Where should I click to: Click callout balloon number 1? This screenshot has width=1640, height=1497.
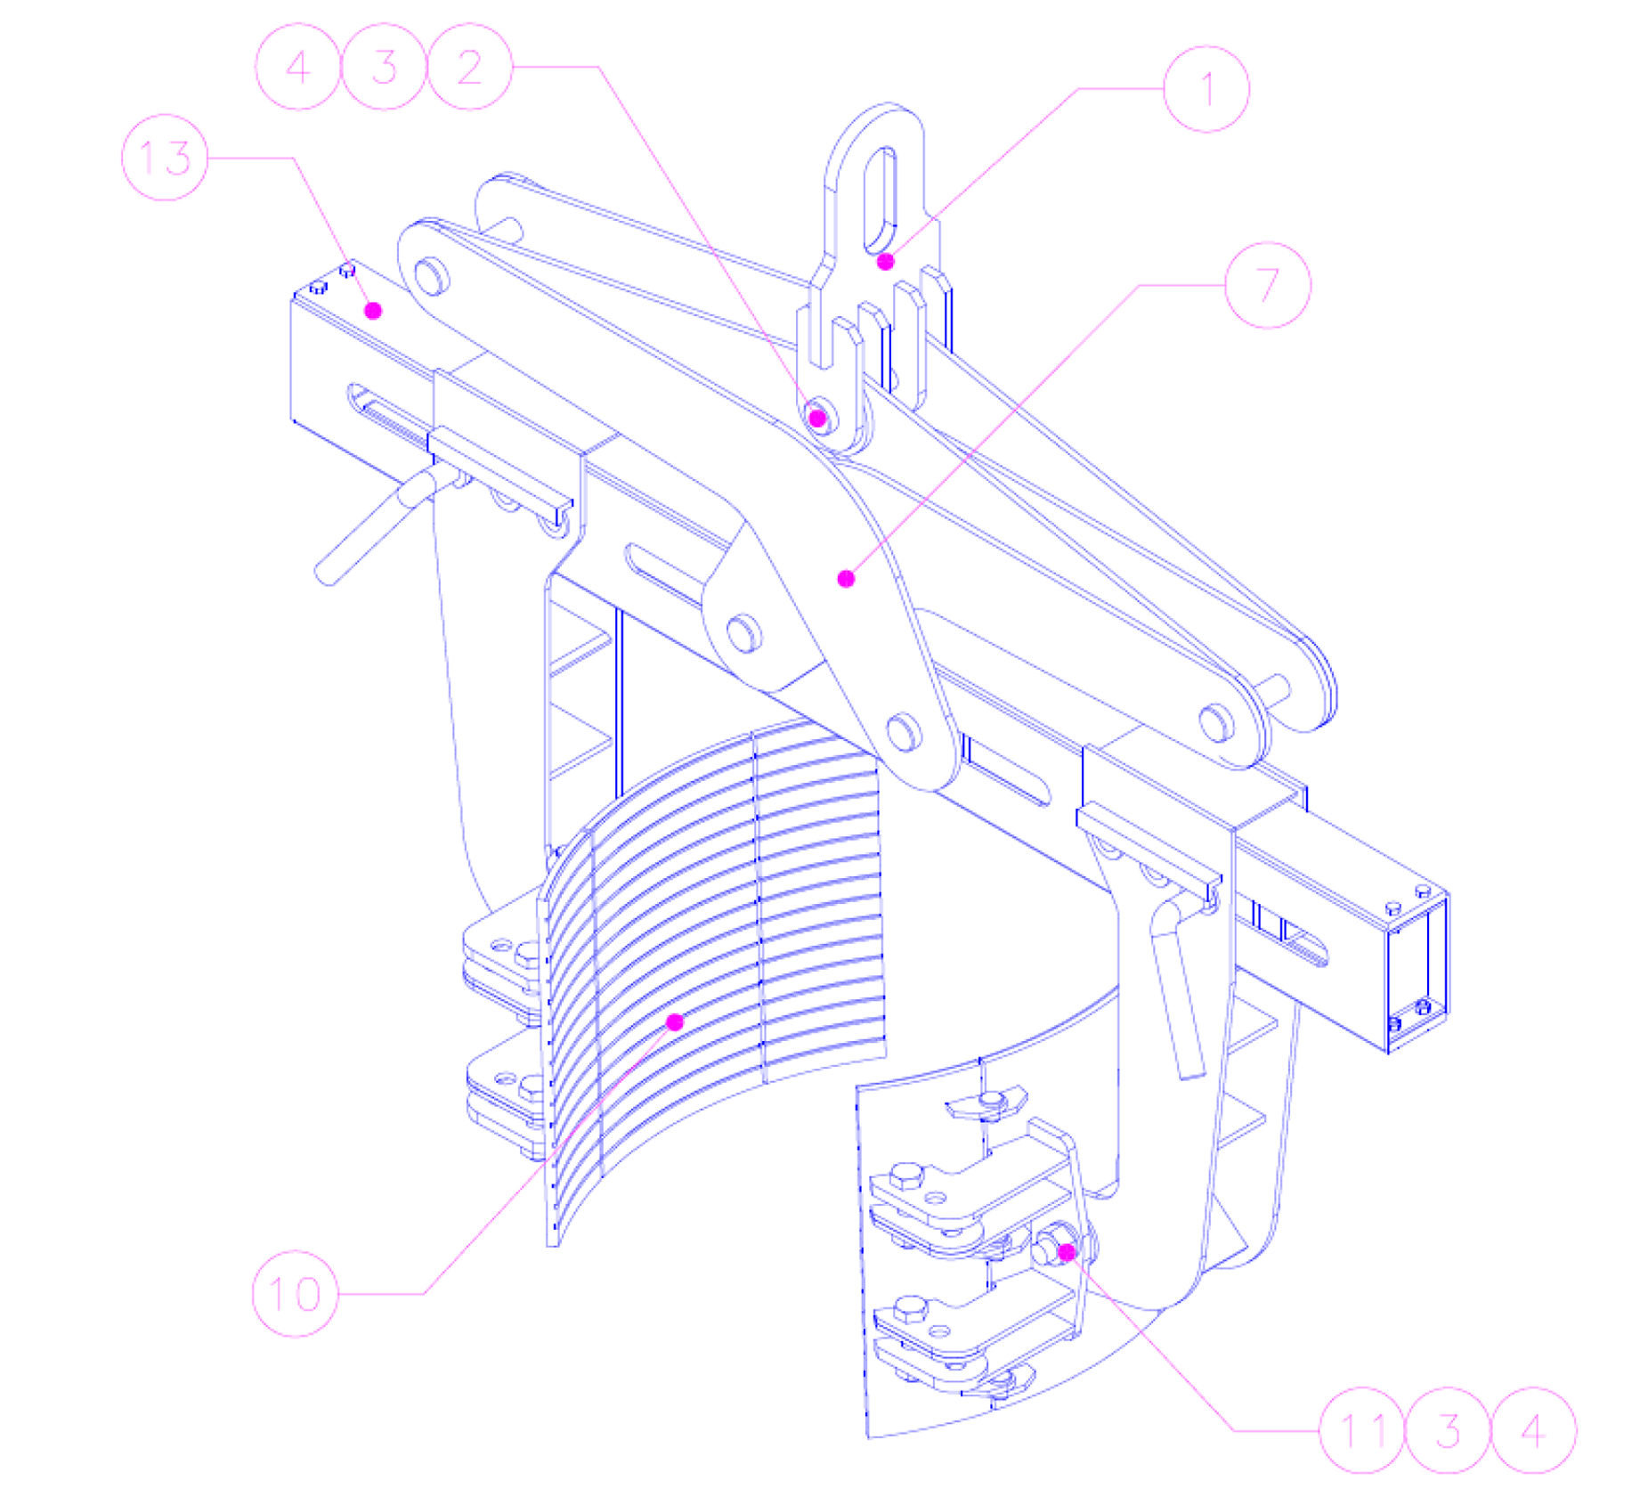click(1206, 89)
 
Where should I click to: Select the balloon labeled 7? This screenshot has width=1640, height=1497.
click(1268, 285)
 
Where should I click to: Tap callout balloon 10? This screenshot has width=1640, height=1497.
click(296, 1293)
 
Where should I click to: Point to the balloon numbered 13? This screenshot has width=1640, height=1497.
click(165, 158)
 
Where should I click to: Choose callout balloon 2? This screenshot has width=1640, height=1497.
click(470, 67)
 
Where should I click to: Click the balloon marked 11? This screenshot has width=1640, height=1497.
click(1361, 1430)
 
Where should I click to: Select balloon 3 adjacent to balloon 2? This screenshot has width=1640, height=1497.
click(385, 67)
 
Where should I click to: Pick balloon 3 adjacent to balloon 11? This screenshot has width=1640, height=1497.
click(1448, 1430)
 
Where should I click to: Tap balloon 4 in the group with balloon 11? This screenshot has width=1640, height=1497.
click(1533, 1430)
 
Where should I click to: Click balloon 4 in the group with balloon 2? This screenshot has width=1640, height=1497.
click(298, 67)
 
